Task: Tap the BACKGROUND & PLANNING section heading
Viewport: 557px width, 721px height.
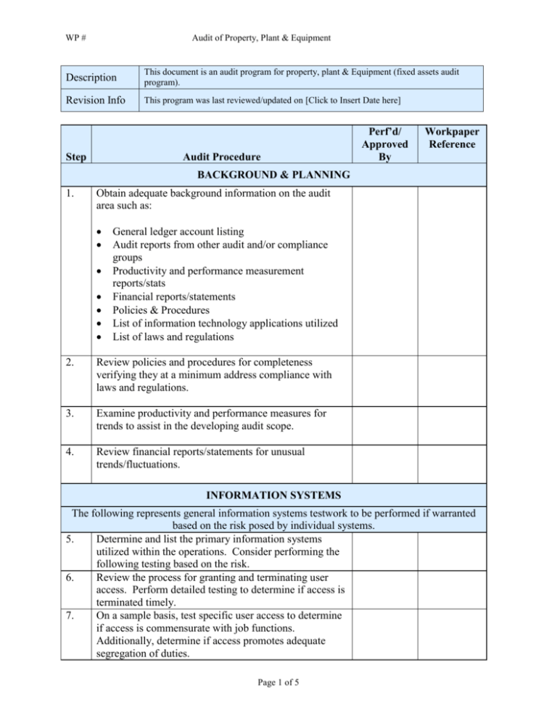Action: click(x=278, y=175)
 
